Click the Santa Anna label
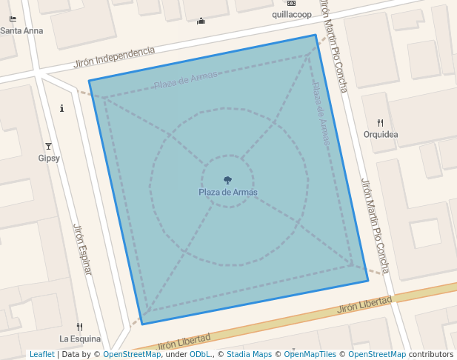coord(21,31)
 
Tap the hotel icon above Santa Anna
coord(13,19)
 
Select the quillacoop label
coord(291,14)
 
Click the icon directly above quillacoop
coord(291,4)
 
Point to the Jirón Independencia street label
coord(114,57)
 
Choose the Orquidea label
coord(381,134)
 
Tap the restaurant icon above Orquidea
coord(381,123)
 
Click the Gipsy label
coord(49,158)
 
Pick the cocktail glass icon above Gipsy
coord(49,147)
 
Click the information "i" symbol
coord(61,108)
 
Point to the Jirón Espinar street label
coord(82,249)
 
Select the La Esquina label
coord(80,339)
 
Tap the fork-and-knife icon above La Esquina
coord(80,327)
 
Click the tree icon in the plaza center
coord(227,180)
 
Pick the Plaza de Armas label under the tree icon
coord(227,193)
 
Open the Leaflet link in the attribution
coord(41,354)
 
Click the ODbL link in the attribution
coord(200,354)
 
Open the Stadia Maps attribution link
coord(250,354)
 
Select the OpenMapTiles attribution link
coord(310,354)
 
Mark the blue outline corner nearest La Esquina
coord(142,324)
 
